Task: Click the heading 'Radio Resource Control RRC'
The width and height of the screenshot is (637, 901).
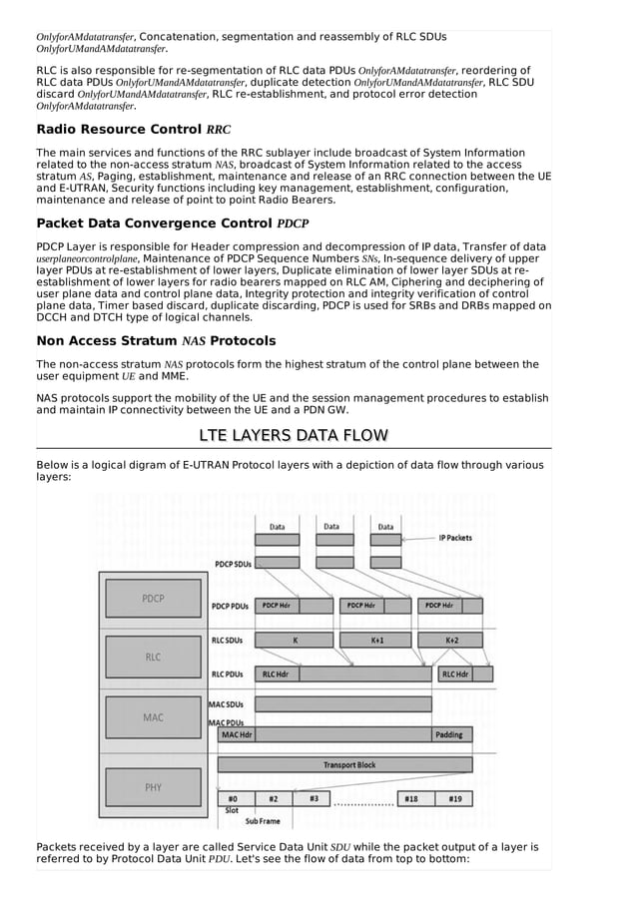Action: [133, 130]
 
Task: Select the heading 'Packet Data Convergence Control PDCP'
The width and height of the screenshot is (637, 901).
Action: [172, 224]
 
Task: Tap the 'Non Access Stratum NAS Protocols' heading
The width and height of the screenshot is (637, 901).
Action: [156, 341]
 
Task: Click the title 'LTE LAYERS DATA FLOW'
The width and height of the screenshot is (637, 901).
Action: [294, 435]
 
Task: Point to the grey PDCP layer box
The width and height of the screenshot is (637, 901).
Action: [153, 599]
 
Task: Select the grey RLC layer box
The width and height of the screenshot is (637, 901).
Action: [153, 658]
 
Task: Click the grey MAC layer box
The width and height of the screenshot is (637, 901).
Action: [153, 717]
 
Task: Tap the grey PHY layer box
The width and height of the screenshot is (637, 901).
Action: [153, 787]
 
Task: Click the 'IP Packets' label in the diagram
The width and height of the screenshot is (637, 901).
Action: [455, 538]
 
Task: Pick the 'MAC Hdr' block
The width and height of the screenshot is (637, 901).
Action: [236, 735]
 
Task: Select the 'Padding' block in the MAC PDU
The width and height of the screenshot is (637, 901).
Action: [448, 735]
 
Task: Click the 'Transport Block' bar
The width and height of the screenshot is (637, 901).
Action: [348, 765]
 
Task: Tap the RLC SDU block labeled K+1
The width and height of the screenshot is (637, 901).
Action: [376, 640]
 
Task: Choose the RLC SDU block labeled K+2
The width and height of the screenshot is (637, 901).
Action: [451, 640]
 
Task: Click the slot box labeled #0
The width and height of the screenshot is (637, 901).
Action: [233, 798]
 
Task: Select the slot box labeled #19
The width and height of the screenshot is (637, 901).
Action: [454, 798]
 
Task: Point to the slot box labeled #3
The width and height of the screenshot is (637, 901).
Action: [314, 798]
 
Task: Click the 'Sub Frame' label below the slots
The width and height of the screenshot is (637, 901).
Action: [263, 822]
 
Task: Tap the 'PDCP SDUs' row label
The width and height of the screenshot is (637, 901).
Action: [232, 564]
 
